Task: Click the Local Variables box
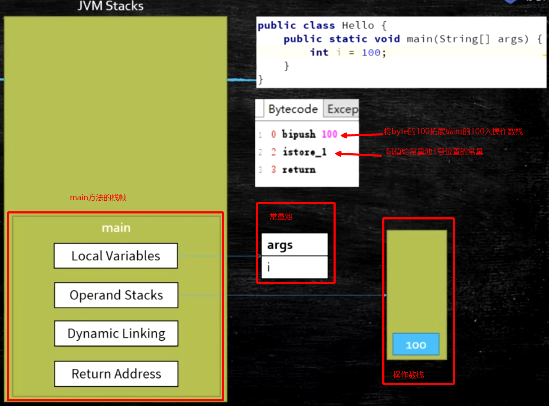tap(115, 256)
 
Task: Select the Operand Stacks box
tap(116, 295)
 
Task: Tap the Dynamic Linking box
tap(116, 333)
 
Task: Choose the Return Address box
tap(116, 374)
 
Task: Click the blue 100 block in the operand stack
tap(416, 345)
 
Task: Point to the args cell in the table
tap(294, 245)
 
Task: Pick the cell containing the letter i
tap(294, 268)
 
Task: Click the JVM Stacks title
tap(110, 6)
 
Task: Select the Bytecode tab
tap(293, 109)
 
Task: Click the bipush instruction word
tap(299, 134)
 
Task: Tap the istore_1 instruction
tap(304, 152)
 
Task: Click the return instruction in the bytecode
tap(299, 170)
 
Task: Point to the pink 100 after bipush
tap(329, 134)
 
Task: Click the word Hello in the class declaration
tap(359, 26)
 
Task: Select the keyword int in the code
tap(319, 53)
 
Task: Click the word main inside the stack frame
tap(116, 228)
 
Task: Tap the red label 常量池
tap(281, 217)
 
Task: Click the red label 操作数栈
tap(408, 375)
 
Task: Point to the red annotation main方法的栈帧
tap(98, 198)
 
